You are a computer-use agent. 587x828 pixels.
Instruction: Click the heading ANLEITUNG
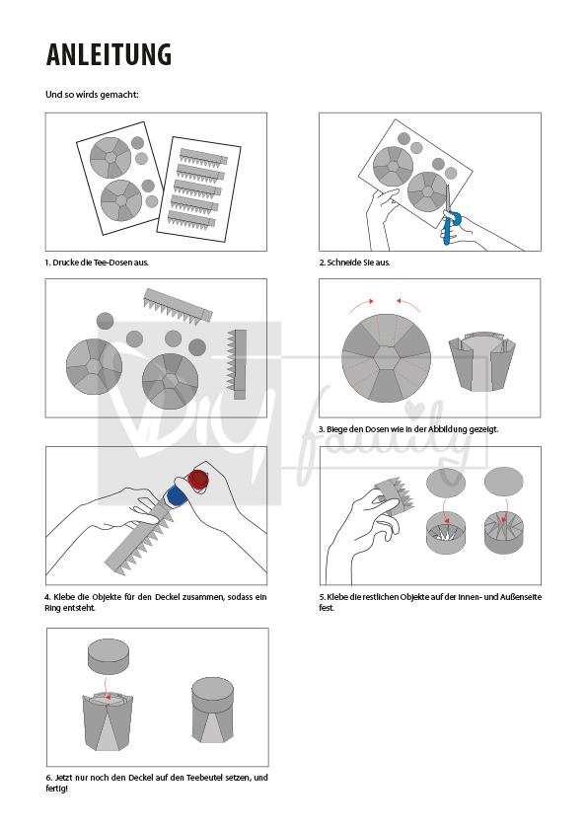click(x=109, y=54)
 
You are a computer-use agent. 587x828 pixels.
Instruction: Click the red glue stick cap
click(x=199, y=480)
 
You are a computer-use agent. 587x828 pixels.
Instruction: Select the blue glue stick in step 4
click(x=175, y=497)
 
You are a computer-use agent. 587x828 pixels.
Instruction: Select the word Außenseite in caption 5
click(x=521, y=597)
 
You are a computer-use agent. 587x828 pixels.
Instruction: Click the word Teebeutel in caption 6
click(x=204, y=778)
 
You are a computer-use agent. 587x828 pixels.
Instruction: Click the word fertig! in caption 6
click(x=57, y=789)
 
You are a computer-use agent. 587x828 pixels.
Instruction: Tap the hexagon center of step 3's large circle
click(x=386, y=357)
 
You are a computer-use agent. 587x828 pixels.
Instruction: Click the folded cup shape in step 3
click(x=482, y=362)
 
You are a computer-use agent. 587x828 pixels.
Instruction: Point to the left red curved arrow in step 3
click(x=362, y=305)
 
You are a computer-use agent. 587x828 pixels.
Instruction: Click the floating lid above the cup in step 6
click(x=109, y=656)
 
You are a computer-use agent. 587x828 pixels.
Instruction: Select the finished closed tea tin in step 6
click(x=212, y=711)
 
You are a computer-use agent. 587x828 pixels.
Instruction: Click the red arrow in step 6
click(x=107, y=688)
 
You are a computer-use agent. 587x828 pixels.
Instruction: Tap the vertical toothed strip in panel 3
click(x=237, y=364)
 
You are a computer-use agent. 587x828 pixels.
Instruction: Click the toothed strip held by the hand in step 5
click(x=395, y=496)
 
